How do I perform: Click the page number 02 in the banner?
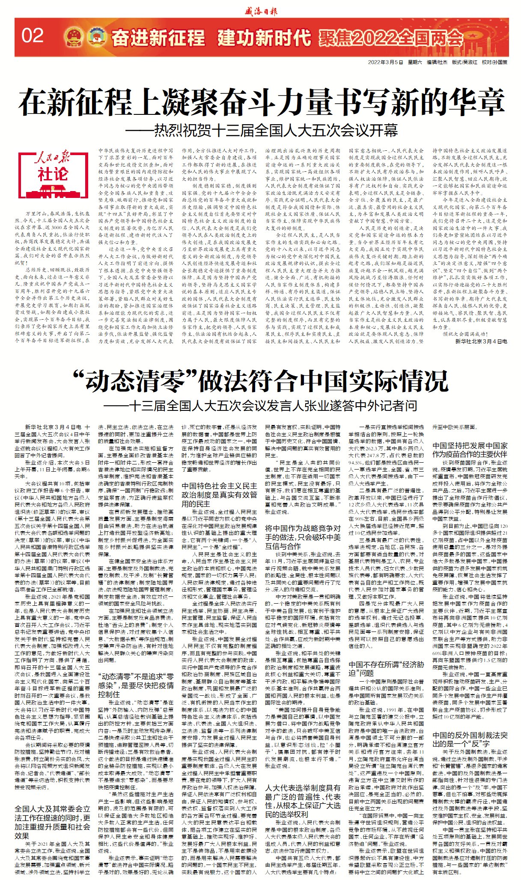pyautogui.click(x=33, y=36)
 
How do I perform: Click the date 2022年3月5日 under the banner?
pyautogui.click(x=385, y=63)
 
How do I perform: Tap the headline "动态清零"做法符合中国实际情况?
pyautogui.click(x=261, y=380)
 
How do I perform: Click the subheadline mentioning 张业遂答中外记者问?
pyautogui.click(x=261, y=405)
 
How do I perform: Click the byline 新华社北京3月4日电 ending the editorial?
pyautogui.click(x=481, y=341)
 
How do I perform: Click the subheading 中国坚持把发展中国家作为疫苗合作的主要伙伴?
pyautogui.click(x=470, y=450)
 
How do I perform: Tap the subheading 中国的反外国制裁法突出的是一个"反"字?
pyautogui.click(x=470, y=739)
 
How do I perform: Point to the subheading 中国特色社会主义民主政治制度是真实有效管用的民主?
pyautogui.click(x=219, y=495)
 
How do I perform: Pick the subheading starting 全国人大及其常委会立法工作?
pyautogui.click(x=52, y=823)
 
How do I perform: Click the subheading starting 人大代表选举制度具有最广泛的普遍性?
pyautogui.click(x=303, y=801)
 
